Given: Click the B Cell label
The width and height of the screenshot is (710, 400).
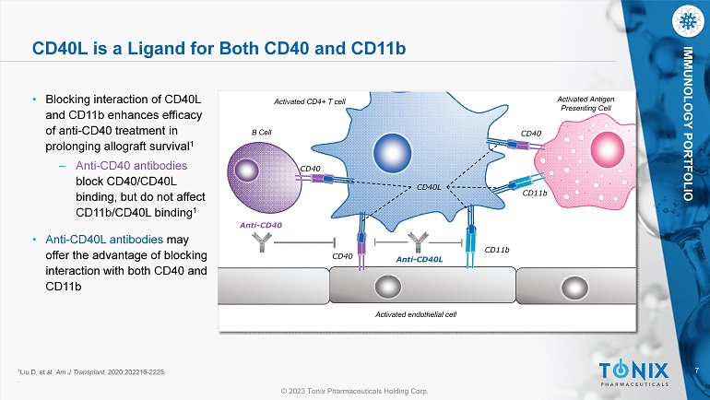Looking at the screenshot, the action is point(261,132).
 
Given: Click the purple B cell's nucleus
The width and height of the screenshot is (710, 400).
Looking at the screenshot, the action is point(246,171).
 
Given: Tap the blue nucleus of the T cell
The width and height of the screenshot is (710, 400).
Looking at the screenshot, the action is point(392,152).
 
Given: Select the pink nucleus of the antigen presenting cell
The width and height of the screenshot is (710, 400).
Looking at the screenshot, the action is point(608,150).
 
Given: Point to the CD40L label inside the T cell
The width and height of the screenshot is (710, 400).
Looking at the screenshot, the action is point(429,187).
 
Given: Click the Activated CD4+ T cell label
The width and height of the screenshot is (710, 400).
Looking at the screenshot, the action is point(310,101).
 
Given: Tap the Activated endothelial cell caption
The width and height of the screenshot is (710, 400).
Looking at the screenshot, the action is point(416,314).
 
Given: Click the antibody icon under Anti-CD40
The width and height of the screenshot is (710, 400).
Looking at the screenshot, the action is point(262,242).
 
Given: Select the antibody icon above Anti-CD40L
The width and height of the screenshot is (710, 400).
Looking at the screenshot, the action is point(418,242).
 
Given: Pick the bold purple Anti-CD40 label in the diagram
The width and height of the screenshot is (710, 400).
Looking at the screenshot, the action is point(261,225).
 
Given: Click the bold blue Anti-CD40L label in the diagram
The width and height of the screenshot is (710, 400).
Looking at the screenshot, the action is point(420,259).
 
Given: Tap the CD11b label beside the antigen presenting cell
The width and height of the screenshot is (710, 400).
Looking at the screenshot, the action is point(535,194).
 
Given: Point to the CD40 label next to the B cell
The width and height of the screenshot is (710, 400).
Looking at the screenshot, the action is point(310,169).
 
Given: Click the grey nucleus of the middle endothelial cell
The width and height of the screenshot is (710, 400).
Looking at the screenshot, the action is point(387,287).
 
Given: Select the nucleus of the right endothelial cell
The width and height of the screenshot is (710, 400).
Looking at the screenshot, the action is point(574,288).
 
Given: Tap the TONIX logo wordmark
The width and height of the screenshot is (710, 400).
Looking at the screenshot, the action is point(633,371).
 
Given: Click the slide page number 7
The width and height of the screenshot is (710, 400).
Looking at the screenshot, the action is point(697,371).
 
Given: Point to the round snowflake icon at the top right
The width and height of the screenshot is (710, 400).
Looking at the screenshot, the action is point(688,21).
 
